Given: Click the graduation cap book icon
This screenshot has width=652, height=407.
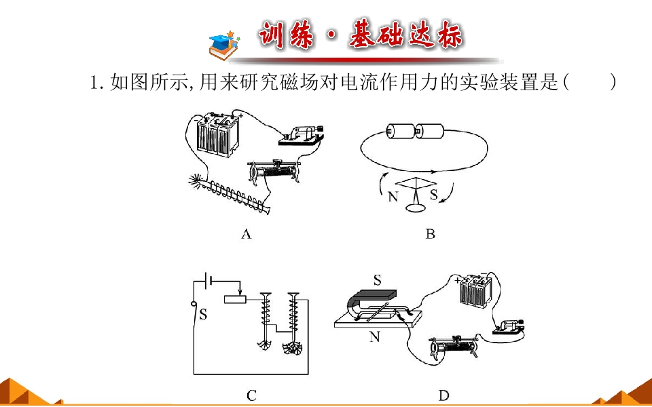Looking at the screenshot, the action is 225,44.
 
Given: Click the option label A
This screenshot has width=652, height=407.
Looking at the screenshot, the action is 246,235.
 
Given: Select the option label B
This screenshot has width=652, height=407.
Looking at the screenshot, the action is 430,235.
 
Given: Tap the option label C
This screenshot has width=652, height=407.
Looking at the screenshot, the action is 251,395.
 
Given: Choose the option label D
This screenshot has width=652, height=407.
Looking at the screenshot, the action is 443,395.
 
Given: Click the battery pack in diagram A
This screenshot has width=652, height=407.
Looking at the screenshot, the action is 218,134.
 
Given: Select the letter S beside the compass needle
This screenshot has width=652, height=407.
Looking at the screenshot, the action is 434,195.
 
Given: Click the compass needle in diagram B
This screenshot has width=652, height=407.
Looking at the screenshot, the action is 416,183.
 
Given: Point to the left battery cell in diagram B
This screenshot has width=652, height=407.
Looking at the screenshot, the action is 401,132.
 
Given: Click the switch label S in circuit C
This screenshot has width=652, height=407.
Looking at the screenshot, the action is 203,314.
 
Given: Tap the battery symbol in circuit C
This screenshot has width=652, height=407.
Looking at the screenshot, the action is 210,280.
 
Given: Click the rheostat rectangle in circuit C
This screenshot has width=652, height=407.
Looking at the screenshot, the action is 235,298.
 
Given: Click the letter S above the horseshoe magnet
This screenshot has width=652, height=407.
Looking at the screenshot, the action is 377,281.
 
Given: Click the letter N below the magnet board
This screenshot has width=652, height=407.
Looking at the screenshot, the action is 375,337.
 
